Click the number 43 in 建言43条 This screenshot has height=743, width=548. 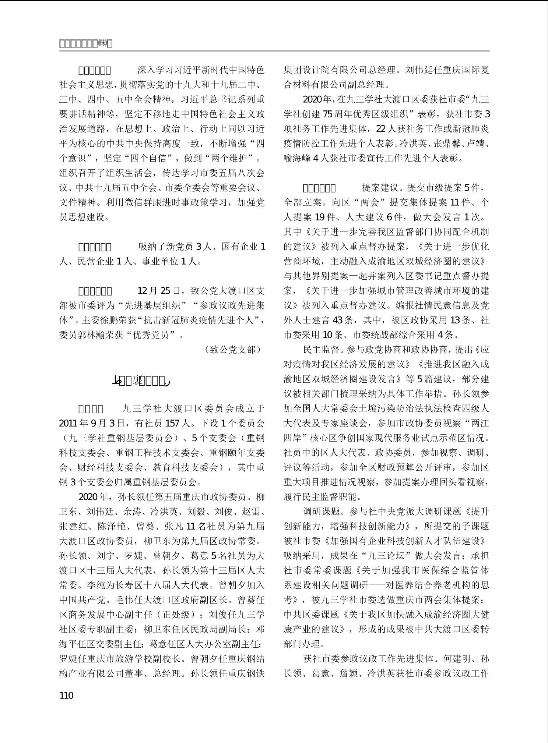point(338,320)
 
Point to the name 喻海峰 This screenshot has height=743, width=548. point(298,158)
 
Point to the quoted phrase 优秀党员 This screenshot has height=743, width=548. point(151,335)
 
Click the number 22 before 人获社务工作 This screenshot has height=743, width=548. point(382,129)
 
